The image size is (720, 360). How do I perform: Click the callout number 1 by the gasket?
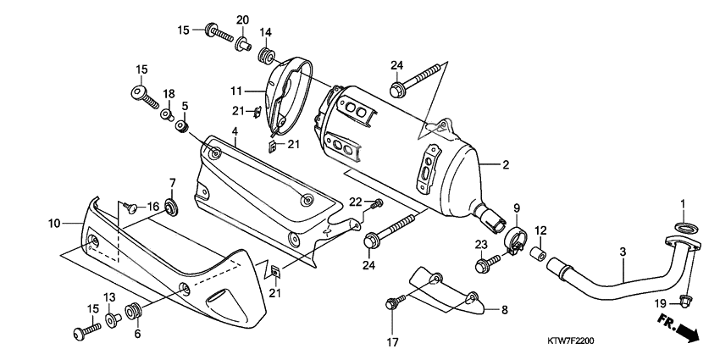pos(683,204)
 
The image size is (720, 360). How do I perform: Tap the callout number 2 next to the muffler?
pos(505,165)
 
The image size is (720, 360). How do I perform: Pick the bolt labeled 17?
pos(394,302)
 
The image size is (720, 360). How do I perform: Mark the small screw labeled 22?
pos(378,203)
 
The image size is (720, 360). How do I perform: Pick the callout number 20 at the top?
pos(241,19)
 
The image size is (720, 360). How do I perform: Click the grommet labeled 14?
pos(264,57)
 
